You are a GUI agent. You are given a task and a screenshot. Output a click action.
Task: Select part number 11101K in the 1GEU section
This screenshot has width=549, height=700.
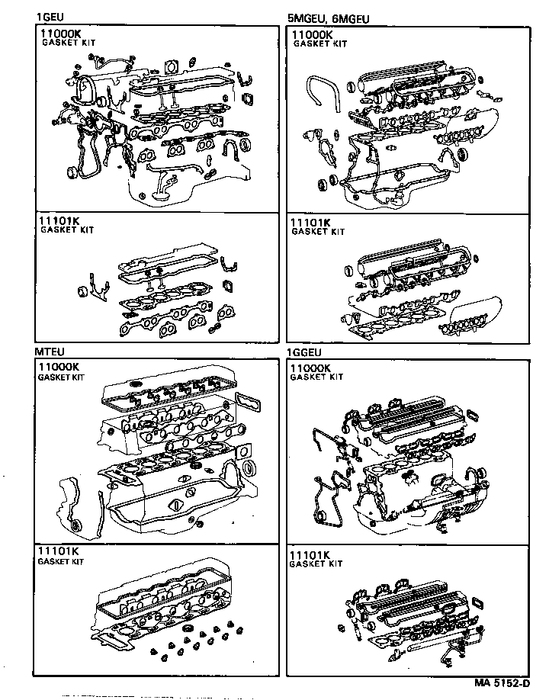[60, 221]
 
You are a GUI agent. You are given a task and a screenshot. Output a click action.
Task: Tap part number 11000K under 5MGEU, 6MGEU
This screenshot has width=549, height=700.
[313, 35]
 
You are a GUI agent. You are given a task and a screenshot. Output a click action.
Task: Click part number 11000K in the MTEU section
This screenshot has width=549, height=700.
[59, 368]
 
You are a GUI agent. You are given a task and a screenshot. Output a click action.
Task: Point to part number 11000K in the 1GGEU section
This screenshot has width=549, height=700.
[311, 368]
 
